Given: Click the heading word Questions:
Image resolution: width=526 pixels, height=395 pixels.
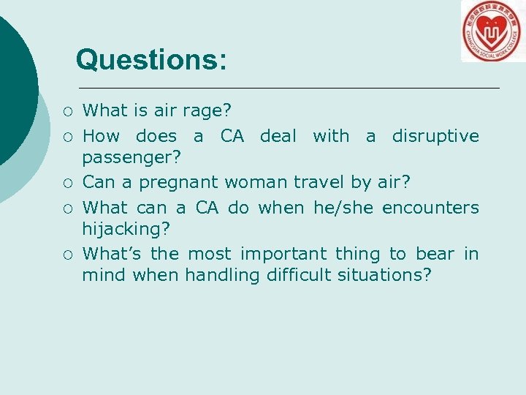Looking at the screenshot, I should [151, 59].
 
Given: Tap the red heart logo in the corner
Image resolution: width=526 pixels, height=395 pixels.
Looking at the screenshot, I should [492, 31].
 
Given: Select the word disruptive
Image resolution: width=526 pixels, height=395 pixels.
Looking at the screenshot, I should [435, 136].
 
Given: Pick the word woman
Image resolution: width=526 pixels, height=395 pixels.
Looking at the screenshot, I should [258, 182].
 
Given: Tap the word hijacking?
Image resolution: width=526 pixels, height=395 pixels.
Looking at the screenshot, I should [126, 229].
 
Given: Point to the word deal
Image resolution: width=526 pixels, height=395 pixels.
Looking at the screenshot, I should [278, 136].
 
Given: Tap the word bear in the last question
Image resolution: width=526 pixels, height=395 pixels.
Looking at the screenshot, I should [435, 254].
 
